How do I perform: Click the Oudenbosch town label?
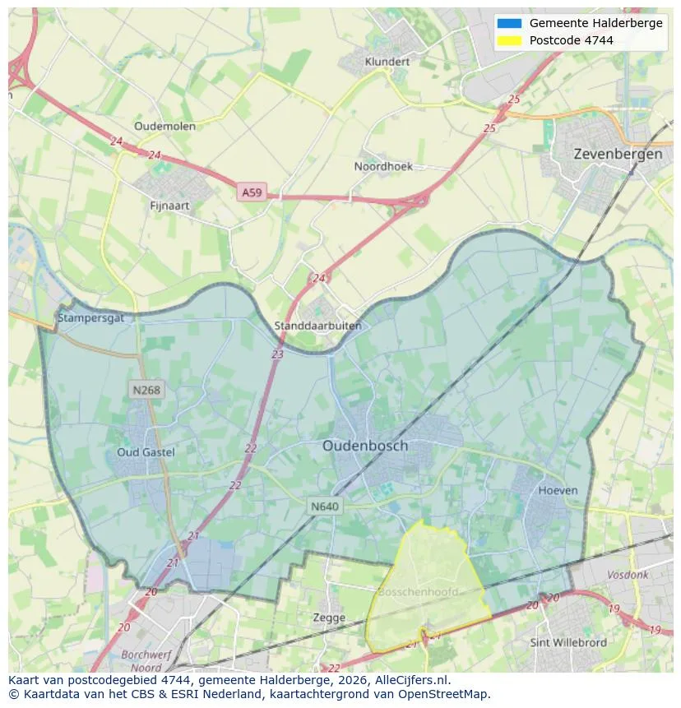tap(364, 446)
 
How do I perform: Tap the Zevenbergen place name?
tap(618, 154)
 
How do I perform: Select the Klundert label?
tap(387, 62)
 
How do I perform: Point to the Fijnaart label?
tap(170, 206)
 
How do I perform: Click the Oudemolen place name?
tap(164, 126)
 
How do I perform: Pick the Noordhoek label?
tap(383, 166)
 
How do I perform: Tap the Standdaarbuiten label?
tap(317, 326)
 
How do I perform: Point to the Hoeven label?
tap(558, 490)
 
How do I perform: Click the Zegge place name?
tap(329, 618)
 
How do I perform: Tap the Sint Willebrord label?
tap(568, 642)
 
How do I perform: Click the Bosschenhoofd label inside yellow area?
tap(417, 592)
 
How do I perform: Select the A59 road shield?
tap(252, 192)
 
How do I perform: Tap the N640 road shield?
tap(325, 507)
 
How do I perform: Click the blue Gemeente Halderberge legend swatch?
tap(509, 23)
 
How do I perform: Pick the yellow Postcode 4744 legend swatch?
tap(509, 40)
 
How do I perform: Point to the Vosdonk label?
tap(628, 576)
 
